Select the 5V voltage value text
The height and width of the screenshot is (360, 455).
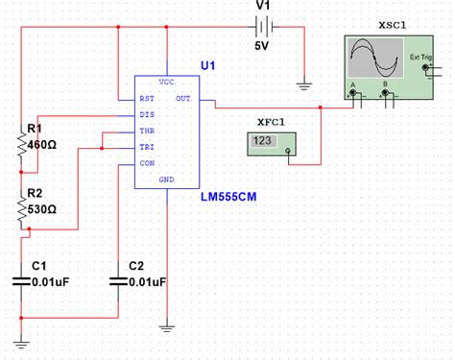click(262, 45)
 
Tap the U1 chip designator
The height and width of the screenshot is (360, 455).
click(208, 64)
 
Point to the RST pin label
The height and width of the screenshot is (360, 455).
click(147, 98)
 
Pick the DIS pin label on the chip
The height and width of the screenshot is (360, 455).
click(147, 114)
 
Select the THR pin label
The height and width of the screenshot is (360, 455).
click(147, 131)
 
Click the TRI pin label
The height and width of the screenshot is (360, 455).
click(147, 147)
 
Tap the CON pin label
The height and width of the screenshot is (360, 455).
click(147, 163)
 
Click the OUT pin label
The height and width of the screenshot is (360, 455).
click(182, 98)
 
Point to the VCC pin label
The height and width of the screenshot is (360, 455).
click(166, 82)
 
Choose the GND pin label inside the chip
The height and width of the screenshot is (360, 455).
click(166, 180)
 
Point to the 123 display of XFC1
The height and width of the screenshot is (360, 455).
click(262, 141)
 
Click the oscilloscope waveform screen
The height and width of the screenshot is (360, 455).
click(373, 59)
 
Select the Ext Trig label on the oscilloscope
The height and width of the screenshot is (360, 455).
click(420, 58)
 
